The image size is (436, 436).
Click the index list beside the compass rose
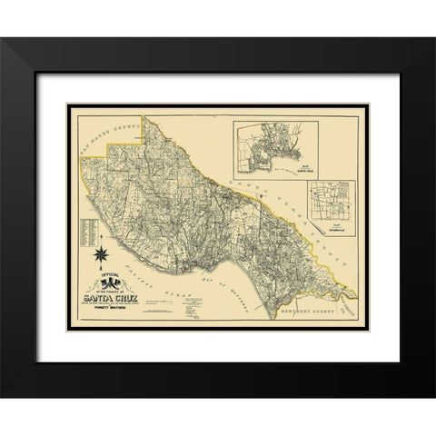(x=88, y=233)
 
